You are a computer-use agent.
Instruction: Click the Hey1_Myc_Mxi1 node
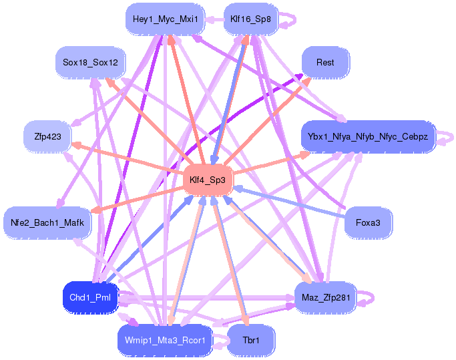click(165, 19)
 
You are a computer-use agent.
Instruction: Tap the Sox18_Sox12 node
click(90, 63)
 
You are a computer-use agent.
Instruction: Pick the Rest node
click(325, 63)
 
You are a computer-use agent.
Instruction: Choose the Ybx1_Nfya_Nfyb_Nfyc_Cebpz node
click(368, 136)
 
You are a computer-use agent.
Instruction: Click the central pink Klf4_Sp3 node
click(208, 180)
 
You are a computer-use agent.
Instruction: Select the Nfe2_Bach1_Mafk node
click(47, 222)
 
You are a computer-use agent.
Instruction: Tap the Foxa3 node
click(368, 222)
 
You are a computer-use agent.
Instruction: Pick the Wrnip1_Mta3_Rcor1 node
click(165, 340)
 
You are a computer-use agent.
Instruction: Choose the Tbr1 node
click(251, 340)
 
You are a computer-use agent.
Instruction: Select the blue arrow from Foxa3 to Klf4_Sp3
click(294, 203)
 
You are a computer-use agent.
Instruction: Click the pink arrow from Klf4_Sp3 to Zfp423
click(127, 158)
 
